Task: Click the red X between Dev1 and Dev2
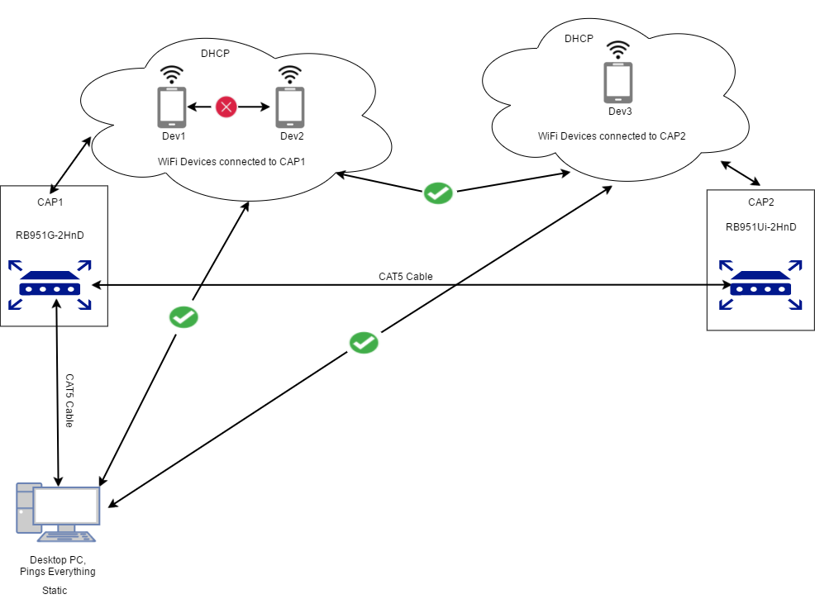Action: click(226, 107)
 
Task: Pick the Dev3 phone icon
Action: click(617, 82)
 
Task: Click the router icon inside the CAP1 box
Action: click(50, 286)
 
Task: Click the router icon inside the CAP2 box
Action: click(760, 287)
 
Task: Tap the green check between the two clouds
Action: click(437, 193)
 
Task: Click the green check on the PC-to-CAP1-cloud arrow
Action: click(183, 316)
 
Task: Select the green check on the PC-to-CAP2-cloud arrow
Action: click(364, 342)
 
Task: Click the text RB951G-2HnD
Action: click(50, 235)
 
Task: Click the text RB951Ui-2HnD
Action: click(760, 227)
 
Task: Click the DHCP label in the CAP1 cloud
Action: click(215, 54)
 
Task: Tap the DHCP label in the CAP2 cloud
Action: click(579, 39)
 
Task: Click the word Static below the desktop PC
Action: click(55, 590)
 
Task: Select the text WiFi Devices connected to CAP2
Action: click(612, 135)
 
